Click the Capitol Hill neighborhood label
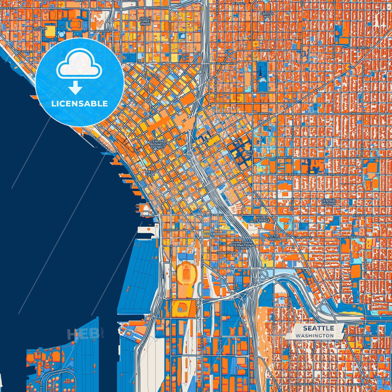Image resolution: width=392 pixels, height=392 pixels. tap(267, 15)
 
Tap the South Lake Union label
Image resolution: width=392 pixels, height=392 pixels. tap(145, 21)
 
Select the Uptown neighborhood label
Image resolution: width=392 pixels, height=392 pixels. tap(40, 28)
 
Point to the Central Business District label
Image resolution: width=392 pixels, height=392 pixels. tap(158, 144)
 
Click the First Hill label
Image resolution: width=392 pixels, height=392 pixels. tap(250, 153)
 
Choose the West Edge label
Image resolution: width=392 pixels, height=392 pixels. tap(150, 173)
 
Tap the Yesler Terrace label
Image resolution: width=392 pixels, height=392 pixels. tap(262, 219)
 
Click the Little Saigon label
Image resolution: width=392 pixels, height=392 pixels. tap(274, 238)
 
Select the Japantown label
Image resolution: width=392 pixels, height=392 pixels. tap(215, 234)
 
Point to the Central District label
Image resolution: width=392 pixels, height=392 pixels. tap(329, 202)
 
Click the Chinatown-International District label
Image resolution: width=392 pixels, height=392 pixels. tap(242, 245)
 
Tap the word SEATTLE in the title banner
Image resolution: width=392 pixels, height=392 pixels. tap(318, 328)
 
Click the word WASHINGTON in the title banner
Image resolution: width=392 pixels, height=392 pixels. tap(315, 336)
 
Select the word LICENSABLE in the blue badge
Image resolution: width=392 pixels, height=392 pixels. tap(79, 104)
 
